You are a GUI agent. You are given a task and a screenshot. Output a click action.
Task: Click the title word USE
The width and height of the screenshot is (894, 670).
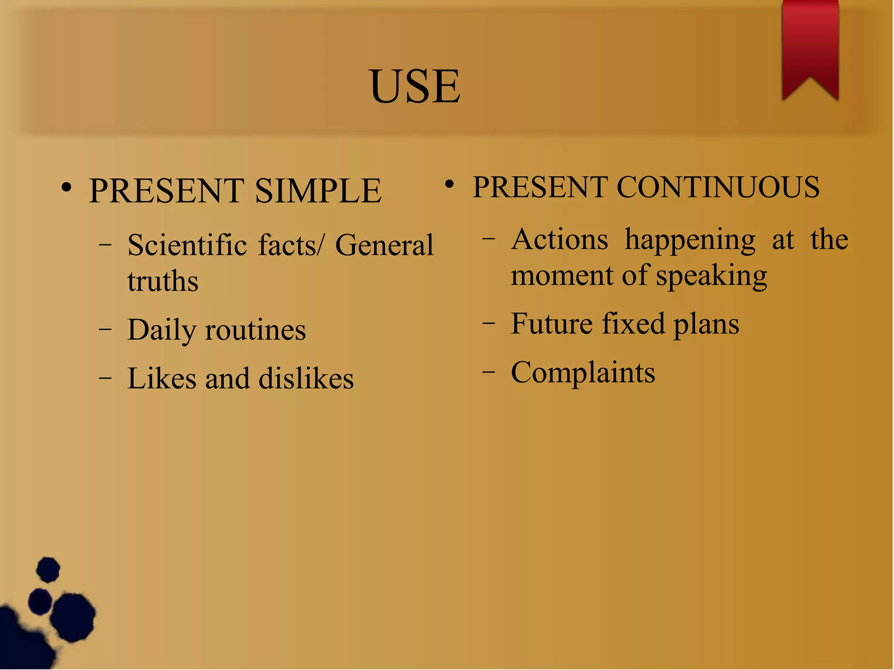(415, 86)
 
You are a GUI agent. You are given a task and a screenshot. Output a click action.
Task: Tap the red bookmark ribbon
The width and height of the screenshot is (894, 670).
(810, 44)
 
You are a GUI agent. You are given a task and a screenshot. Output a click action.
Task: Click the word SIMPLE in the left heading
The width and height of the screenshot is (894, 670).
(318, 191)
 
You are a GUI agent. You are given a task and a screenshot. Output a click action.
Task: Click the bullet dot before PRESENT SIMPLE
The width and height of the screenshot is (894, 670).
(66, 188)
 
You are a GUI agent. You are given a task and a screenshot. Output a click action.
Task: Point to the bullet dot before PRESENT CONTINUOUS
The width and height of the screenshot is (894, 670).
(450, 185)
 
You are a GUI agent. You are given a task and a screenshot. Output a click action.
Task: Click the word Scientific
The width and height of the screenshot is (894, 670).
(187, 245)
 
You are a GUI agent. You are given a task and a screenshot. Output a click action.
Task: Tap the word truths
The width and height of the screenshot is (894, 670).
(163, 281)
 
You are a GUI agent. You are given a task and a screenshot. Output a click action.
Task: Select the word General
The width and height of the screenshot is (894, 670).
(384, 245)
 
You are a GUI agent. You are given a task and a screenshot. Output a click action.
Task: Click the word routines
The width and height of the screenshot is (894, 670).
(255, 330)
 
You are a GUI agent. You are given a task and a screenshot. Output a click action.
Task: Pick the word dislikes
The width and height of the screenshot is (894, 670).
(306, 378)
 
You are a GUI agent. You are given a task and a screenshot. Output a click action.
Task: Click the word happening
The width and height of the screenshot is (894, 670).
(690, 241)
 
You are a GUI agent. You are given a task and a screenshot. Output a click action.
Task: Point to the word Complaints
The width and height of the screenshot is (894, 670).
(583, 373)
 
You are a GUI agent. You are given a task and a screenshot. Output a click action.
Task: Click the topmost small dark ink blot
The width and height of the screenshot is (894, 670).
(48, 569)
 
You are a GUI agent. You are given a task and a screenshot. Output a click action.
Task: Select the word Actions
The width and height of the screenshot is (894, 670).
(560, 240)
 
